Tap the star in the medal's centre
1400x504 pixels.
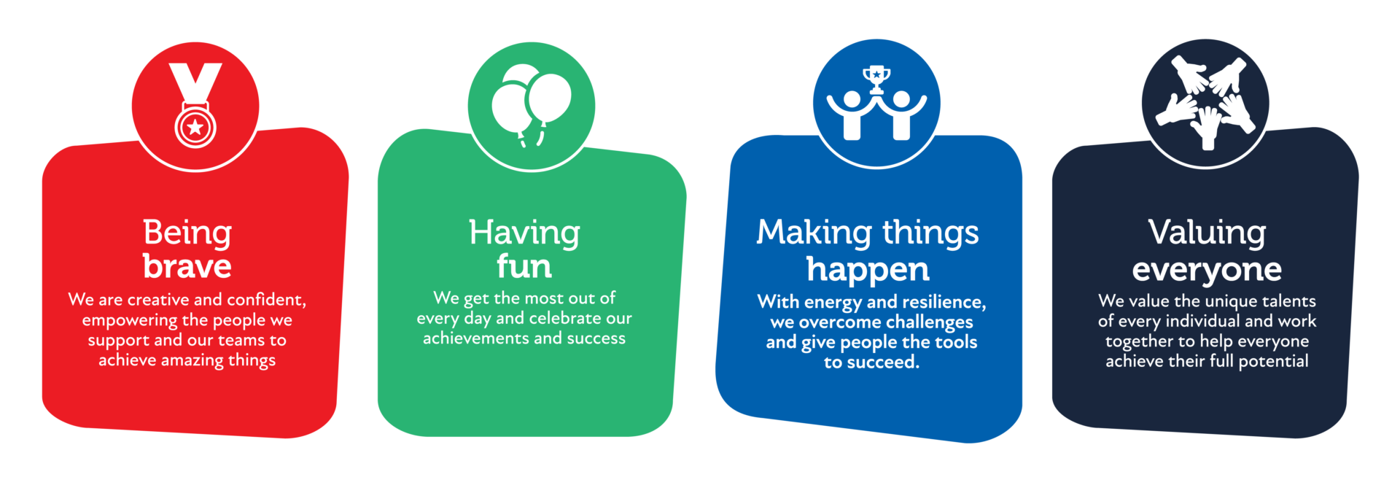(x=195, y=128)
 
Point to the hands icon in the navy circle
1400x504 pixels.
(x=1205, y=102)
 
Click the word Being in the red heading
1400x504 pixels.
(x=187, y=233)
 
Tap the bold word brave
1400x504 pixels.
(x=187, y=266)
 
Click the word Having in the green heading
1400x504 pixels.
(x=524, y=233)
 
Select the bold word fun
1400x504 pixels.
(x=524, y=266)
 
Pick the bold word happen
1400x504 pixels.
(x=868, y=270)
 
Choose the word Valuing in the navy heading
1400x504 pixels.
(x=1207, y=233)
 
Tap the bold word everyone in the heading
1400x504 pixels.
(x=1207, y=270)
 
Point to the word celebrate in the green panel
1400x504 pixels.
(x=565, y=319)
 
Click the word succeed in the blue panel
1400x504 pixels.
(x=882, y=363)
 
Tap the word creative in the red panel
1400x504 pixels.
(x=158, y=300)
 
